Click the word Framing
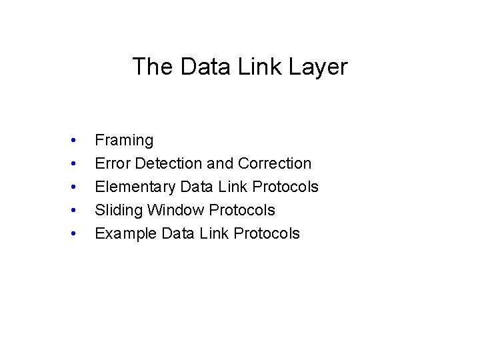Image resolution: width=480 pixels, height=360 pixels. tap(124, 141)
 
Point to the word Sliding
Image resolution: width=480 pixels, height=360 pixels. tap(119, 211)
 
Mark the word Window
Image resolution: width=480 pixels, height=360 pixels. tap(176, 210)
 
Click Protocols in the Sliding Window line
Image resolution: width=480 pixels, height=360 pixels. tap(242, 210)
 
